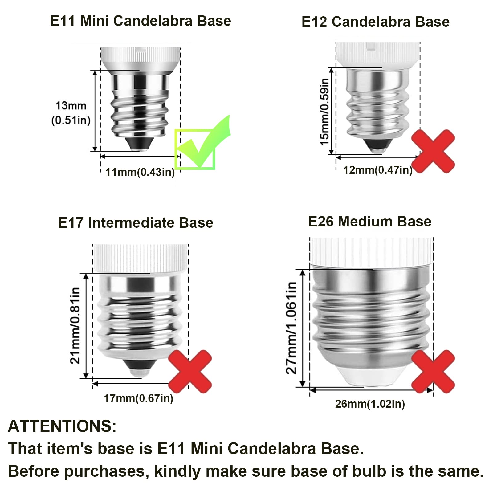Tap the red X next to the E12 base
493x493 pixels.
point(433,151)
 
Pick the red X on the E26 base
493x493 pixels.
point(433,371)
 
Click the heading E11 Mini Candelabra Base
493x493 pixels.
point(141,21)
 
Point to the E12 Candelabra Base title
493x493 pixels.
point(375,22)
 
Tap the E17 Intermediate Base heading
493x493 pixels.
point(136,222)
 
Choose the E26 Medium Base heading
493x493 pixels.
point(370,222)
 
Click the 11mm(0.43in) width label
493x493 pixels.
point(140,172)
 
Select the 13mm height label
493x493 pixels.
point(71,106)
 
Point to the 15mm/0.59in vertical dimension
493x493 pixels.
point(324,112)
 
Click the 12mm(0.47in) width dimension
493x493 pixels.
point(378,170)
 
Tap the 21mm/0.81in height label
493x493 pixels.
point(75,325)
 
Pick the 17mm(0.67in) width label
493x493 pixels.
point(139,398)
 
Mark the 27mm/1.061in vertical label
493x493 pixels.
point(291,328)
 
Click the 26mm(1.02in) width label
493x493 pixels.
point(370,404)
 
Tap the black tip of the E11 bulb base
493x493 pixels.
point(140,143)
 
